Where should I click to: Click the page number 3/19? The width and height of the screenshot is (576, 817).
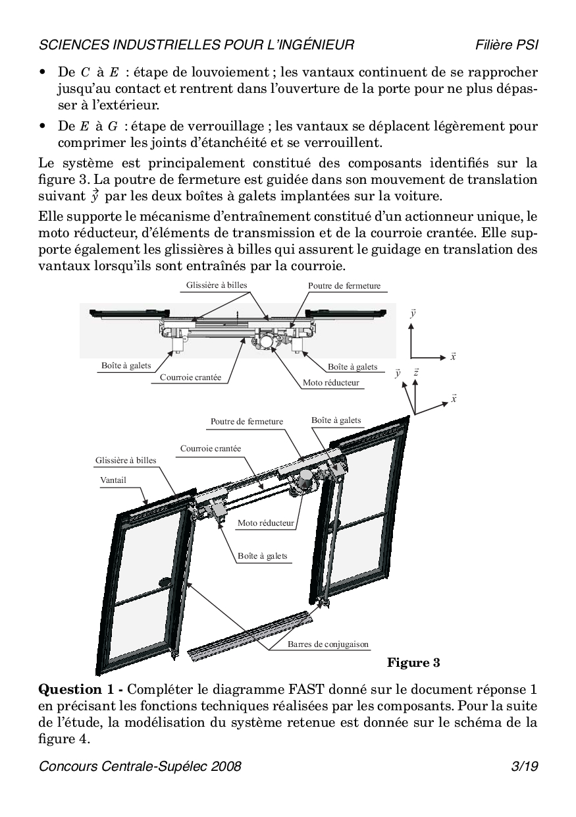(x=525, y=766)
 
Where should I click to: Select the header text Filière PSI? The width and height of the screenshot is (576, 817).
(x=507, y=45)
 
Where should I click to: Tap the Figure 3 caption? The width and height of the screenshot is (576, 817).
(x=413, y=662)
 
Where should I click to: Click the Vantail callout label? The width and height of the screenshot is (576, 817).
(x=113, y=480)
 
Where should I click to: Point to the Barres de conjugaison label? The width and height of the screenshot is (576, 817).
(x=328, y=644)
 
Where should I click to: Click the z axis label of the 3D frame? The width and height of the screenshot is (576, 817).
(x=417, y=373)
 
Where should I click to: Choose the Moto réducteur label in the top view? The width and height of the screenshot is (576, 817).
(x=331, y=382)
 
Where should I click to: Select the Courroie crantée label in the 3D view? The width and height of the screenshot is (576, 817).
(x=211, y=449)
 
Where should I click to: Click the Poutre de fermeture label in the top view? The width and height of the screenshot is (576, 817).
(x=344, y=286)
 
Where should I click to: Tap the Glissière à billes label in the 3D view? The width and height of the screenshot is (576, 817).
(x=126, y=461)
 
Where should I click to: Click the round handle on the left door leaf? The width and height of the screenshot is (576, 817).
(x=163, y=582)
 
